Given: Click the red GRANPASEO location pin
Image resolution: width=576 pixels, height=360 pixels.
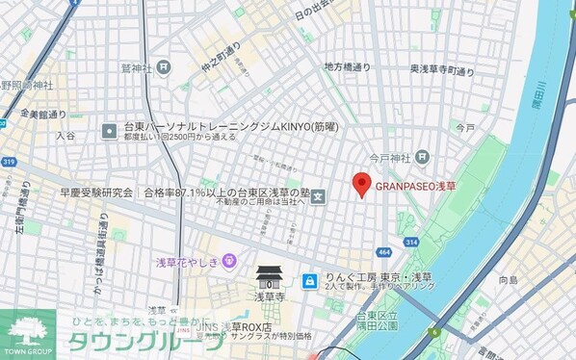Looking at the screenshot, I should click(361, 183).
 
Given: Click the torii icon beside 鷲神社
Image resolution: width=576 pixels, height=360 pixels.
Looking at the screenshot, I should click(164, 67).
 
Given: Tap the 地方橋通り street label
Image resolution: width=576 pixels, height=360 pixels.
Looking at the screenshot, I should click(347, 66).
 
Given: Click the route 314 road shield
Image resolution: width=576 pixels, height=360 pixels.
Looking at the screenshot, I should click(411, 242).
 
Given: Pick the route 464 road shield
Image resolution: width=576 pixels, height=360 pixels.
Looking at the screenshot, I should click(385, 253).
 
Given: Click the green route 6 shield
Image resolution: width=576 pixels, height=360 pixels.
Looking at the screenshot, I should click(434, 332).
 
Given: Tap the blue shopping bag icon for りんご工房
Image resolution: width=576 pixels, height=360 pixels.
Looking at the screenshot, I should click(309, 280).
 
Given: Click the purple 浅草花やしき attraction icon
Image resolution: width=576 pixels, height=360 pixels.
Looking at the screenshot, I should click(228, 260).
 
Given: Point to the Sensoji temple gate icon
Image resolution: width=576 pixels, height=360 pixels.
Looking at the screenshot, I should click(270, 278).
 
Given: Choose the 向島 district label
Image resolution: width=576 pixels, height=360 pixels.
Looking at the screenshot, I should click(508, 281).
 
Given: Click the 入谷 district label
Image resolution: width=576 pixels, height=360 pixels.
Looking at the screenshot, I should click(65, 138).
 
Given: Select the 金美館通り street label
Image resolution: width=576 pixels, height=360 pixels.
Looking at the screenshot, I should click(41, 113).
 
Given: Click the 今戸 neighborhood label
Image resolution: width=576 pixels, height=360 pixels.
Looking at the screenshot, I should click(465, 126).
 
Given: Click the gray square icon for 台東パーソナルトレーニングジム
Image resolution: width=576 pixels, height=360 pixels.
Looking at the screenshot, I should click(110, 127).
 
